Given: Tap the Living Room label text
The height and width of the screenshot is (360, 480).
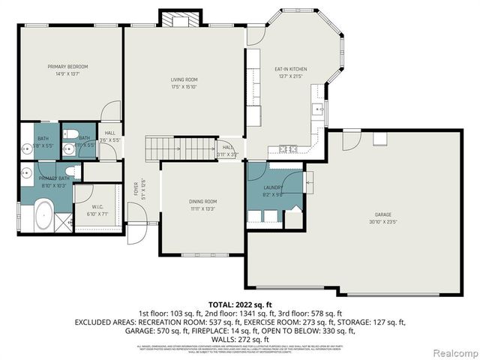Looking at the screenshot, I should point(184,79).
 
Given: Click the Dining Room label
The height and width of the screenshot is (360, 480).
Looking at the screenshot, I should point(202,201).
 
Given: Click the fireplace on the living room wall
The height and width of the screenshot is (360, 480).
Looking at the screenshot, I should point(181,19).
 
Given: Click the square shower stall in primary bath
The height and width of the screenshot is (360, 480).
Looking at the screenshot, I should point(64,223).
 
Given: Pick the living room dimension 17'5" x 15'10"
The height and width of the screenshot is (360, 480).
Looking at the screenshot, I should point(184,87).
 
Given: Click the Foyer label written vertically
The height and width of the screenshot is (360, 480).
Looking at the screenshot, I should point(136,187).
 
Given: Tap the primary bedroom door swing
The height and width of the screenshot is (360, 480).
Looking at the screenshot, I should point(110,111).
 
